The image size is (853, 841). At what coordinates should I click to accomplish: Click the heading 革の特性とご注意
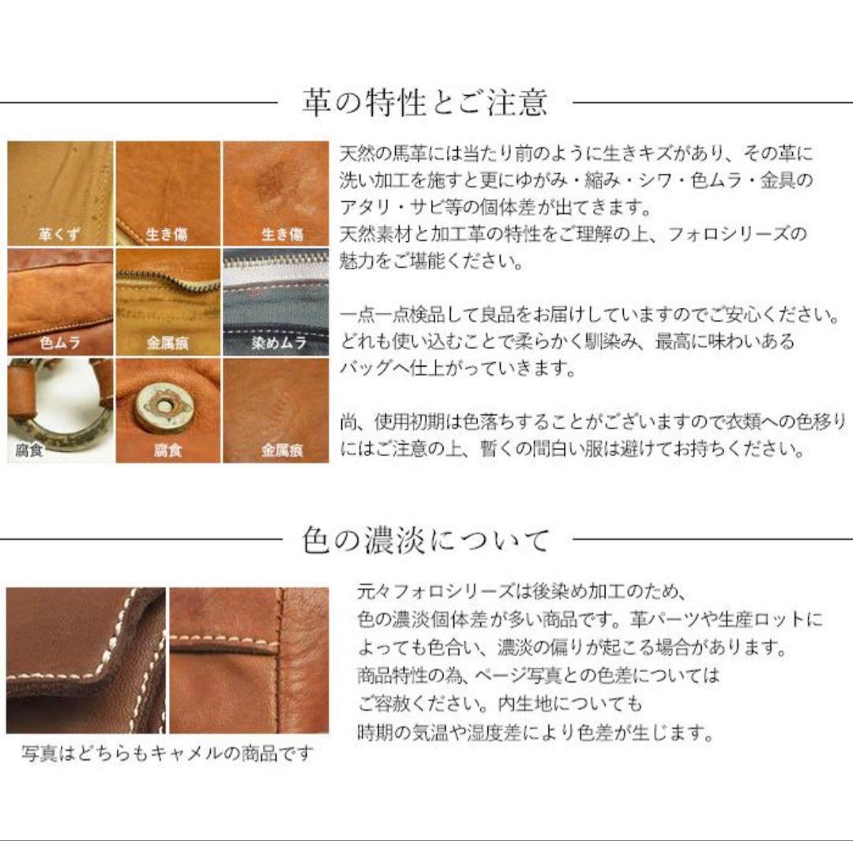(425, 103)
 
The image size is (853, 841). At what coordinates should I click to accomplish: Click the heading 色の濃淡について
(426, 541)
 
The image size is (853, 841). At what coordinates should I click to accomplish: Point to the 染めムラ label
(278, 344)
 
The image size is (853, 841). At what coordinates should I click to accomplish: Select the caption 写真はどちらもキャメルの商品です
(167, 753)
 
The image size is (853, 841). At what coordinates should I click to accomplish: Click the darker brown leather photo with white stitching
(85, 660)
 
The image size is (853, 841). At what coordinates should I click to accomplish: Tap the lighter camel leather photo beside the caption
(249, 660)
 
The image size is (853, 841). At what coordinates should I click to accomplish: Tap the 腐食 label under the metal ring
(30, 452)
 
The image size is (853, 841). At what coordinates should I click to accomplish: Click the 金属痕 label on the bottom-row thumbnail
(282, 452)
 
